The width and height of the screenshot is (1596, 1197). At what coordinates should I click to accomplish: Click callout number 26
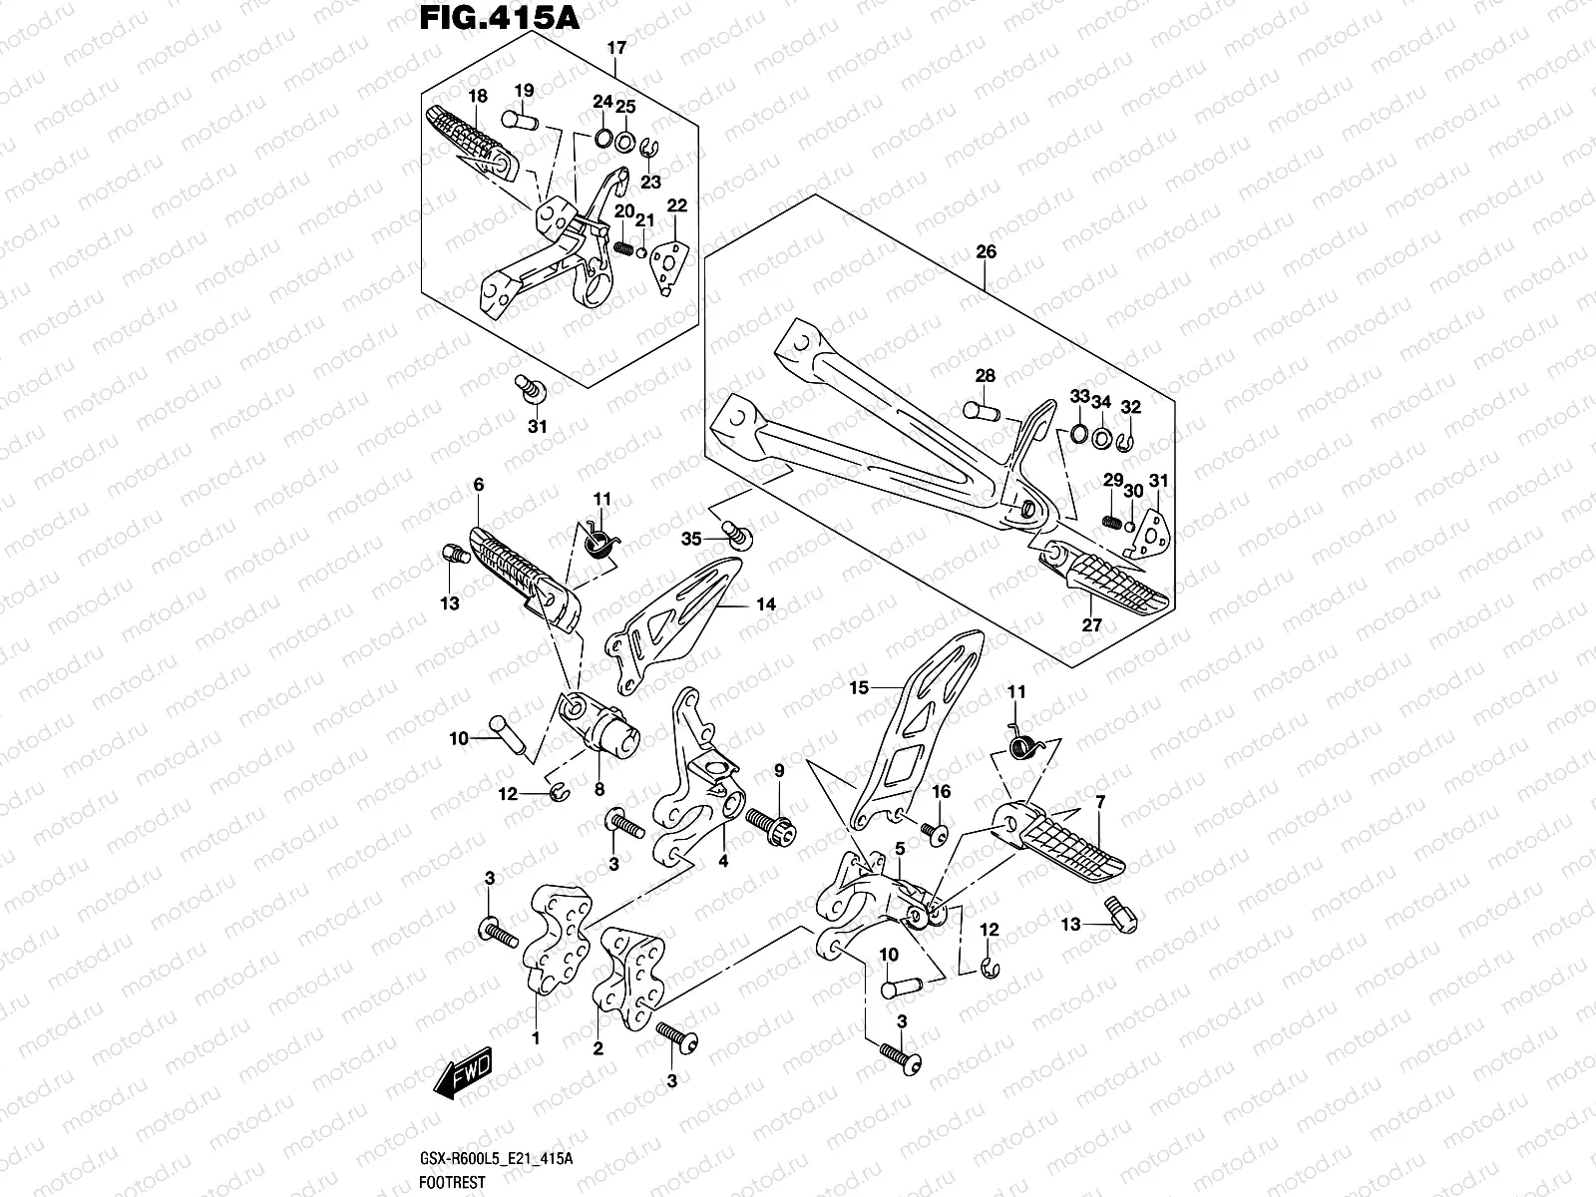pos(986,251)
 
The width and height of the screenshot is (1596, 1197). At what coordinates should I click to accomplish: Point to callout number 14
pos(765,604)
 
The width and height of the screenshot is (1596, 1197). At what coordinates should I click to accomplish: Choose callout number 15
pos(860,687)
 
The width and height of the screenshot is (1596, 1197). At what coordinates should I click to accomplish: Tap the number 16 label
pos(942,792)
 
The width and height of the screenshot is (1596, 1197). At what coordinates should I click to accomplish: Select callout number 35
pos(692,540)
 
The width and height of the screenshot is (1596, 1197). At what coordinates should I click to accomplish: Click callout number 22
pos(677,206)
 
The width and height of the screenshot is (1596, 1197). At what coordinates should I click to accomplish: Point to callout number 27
pos(1092,625)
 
